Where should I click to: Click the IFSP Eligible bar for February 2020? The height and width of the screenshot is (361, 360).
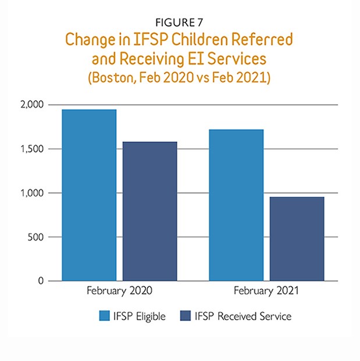point(89,195)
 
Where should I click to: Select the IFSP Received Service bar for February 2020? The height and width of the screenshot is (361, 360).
point(150,211)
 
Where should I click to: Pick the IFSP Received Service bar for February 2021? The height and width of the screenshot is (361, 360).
point(297,239)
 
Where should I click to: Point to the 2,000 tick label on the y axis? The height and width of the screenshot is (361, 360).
point(33,105)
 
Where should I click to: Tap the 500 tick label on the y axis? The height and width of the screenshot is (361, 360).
point(37,237)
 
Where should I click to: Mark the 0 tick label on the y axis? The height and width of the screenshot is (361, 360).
point(41,281)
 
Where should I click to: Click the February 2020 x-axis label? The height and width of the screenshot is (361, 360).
point(120,289)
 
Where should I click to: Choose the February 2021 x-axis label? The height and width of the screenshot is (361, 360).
point(266,289)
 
